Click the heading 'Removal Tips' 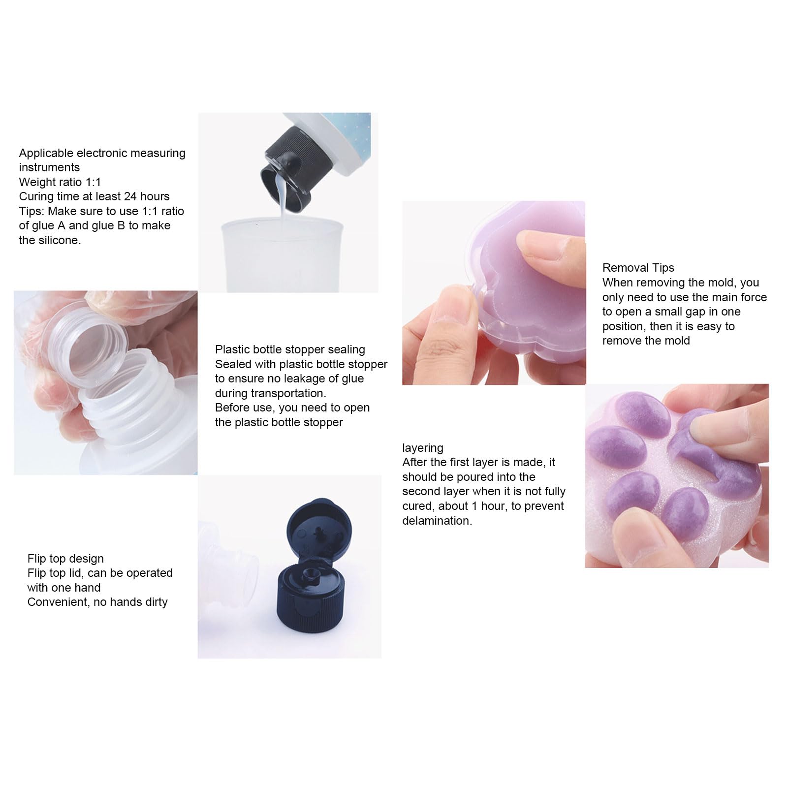(638, 268)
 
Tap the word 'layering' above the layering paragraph (422, 448)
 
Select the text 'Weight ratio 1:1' (60, 182)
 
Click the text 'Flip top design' (65, 559)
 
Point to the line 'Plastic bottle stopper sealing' (290, 349)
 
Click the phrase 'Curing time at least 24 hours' (94, 196)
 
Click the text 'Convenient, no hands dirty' (97, 602)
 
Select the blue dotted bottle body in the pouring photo (345, 138)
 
